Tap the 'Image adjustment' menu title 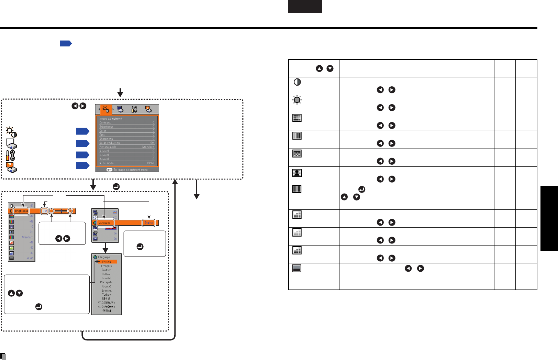coord(111,119)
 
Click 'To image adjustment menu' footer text coord(130,170)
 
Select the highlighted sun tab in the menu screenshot coord(106,110)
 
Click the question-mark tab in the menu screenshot coord(148,110)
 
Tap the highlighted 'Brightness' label coord(21,211)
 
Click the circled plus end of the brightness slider coord(70,211)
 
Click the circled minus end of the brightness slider coord(52,211)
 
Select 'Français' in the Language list coord(107,266)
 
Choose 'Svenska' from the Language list coord(107,291)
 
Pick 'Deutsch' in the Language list coord(107,270)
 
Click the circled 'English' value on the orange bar coord(149,223)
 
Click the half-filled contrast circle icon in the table coord(297,82)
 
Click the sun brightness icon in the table coord(297,100)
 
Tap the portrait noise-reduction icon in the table coord(297,173)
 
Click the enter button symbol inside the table coord(362,189)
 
